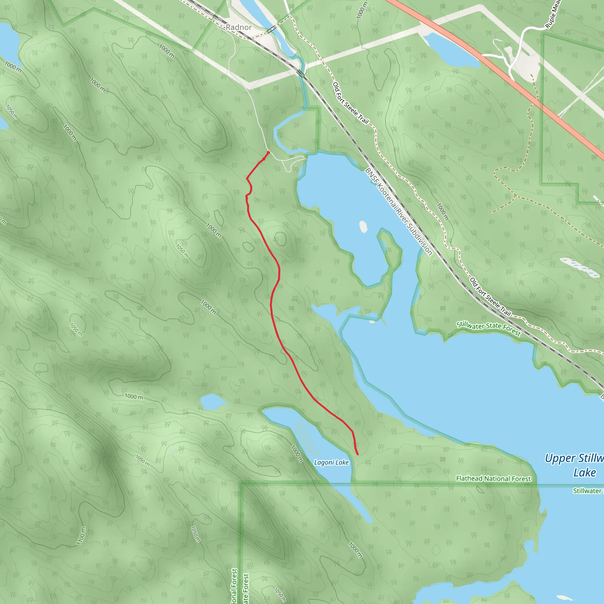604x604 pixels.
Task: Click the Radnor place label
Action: (239, 27)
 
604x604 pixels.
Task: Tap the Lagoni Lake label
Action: (331, 462)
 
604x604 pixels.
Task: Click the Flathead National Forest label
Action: (493, 479)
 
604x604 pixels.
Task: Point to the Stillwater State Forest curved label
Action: (488, 328)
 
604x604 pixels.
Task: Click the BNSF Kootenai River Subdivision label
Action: (399, 212)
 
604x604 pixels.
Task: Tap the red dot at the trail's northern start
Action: (268, 152)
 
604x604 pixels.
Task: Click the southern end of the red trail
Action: (357, 454)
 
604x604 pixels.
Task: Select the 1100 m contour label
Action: (81, 536)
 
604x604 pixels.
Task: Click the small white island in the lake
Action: (363, 227)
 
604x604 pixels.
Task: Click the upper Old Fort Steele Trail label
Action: (350, 103)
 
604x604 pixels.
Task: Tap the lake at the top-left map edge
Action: (8, 42)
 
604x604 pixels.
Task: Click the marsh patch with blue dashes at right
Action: (580, 267)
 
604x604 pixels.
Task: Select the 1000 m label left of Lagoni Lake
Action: (134, 396)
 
